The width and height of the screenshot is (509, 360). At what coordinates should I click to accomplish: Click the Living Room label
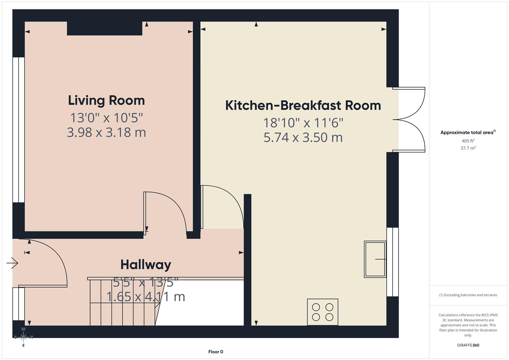tap(106, 100)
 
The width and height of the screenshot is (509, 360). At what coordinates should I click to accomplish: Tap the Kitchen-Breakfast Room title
tap(303, 105)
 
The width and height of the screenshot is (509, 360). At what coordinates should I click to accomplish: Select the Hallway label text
tap(146, 265)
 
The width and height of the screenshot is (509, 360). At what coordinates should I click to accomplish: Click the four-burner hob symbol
tap(322, 312)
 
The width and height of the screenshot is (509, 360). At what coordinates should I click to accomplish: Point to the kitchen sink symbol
tap(375, 259)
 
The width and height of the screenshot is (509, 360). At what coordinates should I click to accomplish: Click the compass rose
tap(23, 337)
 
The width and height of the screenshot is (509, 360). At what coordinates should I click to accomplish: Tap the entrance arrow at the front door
tap(12, 263)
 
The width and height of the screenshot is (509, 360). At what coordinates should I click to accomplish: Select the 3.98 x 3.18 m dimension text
tap(106, 132)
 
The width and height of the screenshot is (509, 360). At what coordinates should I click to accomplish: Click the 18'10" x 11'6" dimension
tap(303, 123)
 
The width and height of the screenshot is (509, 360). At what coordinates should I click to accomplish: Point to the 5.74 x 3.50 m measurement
tap(303, 137)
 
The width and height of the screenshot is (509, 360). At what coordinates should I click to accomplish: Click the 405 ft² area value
tap(468, 141)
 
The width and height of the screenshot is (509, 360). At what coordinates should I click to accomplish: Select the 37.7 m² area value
tap(468, 148)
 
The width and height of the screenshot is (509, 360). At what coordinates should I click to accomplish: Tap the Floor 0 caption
tap(216, 352)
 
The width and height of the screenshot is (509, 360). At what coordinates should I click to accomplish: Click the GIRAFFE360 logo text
tap(468, 345)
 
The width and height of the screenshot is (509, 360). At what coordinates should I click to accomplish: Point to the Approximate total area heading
tap(468, 132)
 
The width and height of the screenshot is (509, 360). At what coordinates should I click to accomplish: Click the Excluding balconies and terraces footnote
tap(468, 295)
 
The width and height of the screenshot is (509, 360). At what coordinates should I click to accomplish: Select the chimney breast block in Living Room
tap(105, 28)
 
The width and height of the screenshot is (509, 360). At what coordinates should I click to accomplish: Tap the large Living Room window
tap(19, 130)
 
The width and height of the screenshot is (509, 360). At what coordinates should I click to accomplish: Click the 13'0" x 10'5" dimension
tap(106, 118)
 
